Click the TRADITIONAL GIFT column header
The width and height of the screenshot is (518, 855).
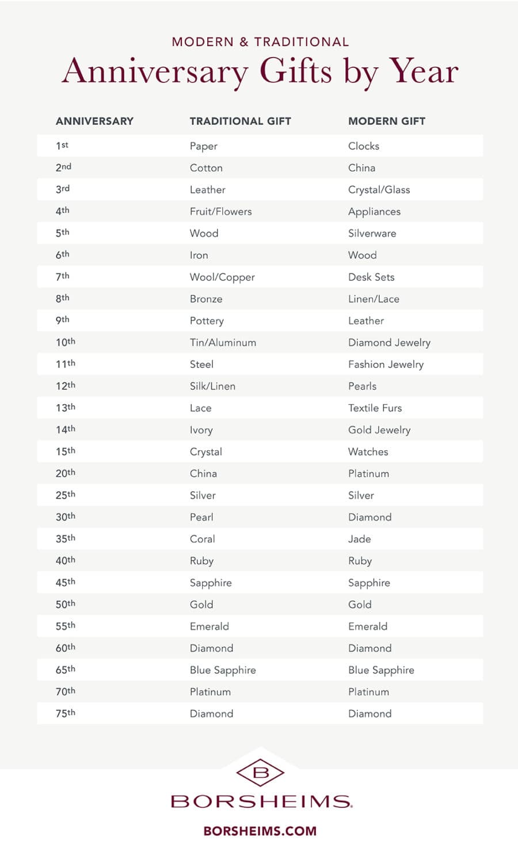pyautogui.click(x=240, y=121)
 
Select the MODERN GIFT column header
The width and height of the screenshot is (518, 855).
pyautogui.click(x=386, y=121)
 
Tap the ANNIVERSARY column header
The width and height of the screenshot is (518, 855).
pyautogui.click(x=94, y=121)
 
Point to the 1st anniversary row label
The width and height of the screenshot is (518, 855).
pyautogui.click(x=62, y=146)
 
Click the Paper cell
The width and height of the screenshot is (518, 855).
pyautogui.click(x=204, y=146)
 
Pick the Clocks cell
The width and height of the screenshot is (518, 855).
pyautogui.click(x=363, y=146)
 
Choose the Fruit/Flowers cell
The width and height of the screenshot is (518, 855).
pyautogui.click(x=220, y=211)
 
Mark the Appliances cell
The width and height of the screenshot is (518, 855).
pyautogui.click(x=374, y=212)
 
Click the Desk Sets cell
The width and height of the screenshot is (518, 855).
pyautogui.click(x=371, y=277)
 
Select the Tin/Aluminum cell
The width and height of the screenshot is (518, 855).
pyautogui.click(x=223, y=343)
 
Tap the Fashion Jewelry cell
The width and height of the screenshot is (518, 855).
pyautogui.click(x=386, y=364)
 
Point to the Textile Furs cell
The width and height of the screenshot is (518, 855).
pyautogui.click(x=375, y=408)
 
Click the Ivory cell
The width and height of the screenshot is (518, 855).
pyautogui.click(x=201, y=430)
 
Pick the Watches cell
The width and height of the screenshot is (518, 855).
pyautogui.click(x=368, y=452)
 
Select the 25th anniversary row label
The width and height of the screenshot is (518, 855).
pyautogui.click(x=66, y=495)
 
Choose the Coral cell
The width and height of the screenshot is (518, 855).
pyautogui.click(x=202, y=539)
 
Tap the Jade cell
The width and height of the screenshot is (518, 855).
pyautogui.click(x=359, y=539)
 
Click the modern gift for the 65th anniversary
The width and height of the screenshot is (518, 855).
pyautogui.click(x=381, y=670)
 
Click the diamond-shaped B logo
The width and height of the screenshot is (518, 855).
pyautogui.click(x=260, y=773)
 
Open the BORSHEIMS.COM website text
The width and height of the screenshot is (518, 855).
pyautogui.click(x=260, y=831)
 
